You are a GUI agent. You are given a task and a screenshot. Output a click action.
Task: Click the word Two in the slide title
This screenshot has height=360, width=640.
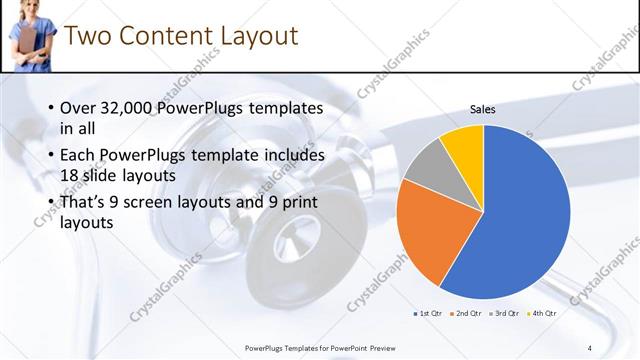(87, 36)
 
